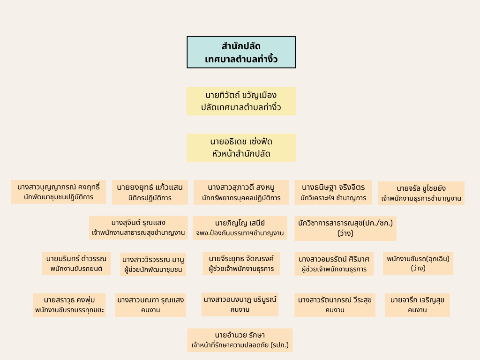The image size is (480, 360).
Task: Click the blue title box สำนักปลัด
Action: tap(241, 52)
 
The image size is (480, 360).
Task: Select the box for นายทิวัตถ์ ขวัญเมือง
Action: tap(241, 101)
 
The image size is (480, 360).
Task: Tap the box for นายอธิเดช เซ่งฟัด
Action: tap(241, 148)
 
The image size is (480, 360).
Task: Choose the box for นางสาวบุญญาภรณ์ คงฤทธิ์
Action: tap(59, 192)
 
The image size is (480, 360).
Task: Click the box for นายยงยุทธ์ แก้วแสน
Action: tap(150, 192)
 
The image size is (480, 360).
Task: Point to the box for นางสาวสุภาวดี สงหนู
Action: tap(241, 192)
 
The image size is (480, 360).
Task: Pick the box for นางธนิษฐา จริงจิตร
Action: tap(333, 192)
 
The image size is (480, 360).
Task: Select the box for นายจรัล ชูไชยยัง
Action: tap(421, 193)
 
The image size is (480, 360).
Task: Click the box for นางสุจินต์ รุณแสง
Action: tap(138, 227)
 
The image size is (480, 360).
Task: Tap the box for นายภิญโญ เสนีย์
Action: tap(240, 228)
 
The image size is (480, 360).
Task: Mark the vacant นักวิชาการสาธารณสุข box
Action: tap(345, 228)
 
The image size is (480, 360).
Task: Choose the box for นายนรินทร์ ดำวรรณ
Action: tap(76, 263)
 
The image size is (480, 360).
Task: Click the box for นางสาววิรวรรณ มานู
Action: tap(153, 264)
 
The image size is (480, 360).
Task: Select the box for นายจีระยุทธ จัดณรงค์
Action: tap(241, 263)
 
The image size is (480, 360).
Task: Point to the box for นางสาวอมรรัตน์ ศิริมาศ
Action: tap(334, 264)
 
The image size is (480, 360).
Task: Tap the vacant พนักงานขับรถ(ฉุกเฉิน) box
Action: tap(418, 263)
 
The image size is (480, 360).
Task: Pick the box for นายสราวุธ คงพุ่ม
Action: tap(69, 305)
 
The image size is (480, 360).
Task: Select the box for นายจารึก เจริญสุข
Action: tap(417, 305)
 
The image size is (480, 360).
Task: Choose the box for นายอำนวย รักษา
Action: tap(240, 340)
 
